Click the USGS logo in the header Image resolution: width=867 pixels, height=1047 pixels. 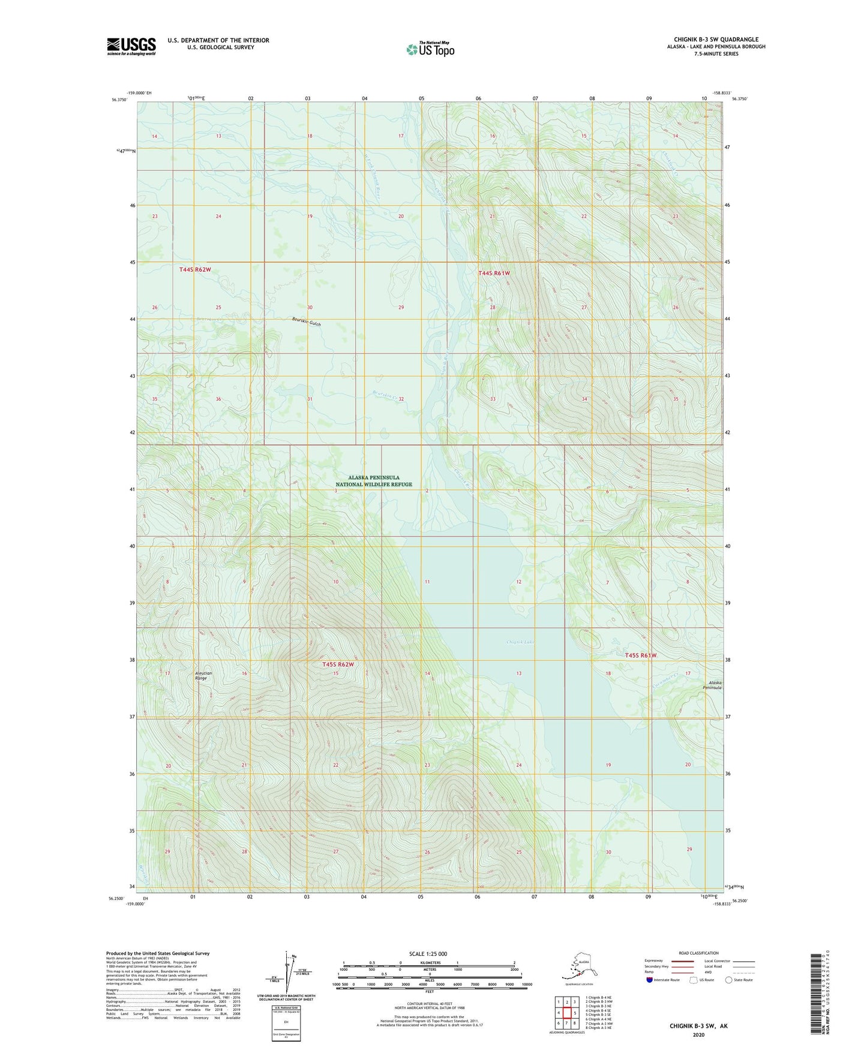tap(131, 46)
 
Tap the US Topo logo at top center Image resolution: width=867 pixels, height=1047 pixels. tap(430, 49)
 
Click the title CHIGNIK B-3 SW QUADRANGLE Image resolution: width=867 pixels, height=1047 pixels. tap(715, 40)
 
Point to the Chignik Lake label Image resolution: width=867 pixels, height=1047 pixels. tap(520, 642)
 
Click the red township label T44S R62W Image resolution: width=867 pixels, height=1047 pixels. tap(195, 270)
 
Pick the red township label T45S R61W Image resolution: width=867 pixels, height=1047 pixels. tap(641, 655)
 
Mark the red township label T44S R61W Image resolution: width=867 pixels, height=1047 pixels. tap(494, 273)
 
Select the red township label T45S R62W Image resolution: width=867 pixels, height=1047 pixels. tap(338, 664)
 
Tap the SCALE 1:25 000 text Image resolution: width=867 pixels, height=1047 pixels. tap(428, 954)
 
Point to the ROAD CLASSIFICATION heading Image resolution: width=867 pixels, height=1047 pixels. tap(698, 953)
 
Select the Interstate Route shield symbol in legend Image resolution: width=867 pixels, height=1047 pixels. tap(650, 980)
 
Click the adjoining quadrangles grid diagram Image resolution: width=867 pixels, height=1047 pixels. tap(566, 1013)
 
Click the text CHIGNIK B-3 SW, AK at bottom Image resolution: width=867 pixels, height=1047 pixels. tap(698, 1026)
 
